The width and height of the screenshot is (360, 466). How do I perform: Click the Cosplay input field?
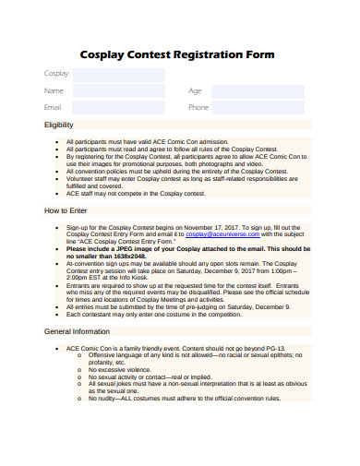point(119,75)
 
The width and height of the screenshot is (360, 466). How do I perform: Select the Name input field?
point(119,91)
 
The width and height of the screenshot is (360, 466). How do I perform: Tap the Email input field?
point(119,108)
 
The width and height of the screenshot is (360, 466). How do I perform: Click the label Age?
point(195,91)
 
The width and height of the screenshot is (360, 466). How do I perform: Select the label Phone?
point(198,108)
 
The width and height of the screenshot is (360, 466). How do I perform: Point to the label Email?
point(54,108)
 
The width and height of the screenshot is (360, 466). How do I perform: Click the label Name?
point(54,91)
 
